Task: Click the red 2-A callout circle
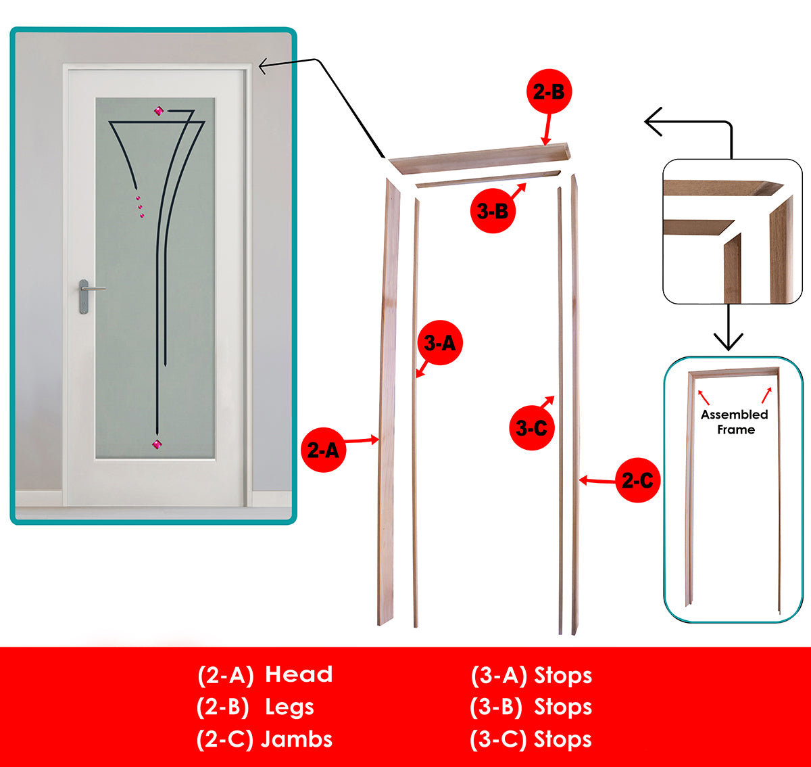point(324,450)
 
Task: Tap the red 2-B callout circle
point(549,91)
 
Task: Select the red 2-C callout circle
point(637,480)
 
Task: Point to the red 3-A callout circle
point(440,343)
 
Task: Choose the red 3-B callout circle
point(493,211)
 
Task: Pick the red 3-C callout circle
point(531,427)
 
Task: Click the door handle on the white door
point(84,296)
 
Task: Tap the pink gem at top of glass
point(159,111)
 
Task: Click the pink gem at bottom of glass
point(157,444)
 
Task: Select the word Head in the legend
point(299,674)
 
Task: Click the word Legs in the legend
point(289,707)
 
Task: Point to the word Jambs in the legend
point(297,739)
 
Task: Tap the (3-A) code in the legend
point(499,675)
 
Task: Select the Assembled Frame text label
point(735,422)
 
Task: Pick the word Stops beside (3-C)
point(563,739)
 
